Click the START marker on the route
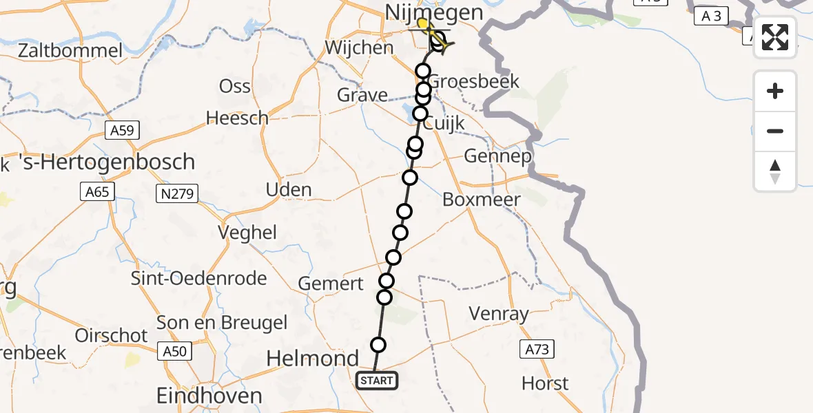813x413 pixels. (377, 381)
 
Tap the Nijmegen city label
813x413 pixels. (424, 12)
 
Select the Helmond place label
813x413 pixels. (313, 359)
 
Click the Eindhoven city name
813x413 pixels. (209, 396)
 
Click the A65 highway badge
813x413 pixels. (97, 191)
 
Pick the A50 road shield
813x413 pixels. (175, 352)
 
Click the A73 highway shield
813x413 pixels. (537, 350)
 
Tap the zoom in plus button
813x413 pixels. (775, 91)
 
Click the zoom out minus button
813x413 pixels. (775, 131)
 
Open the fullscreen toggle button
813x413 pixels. (775, 37)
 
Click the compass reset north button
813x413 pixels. (775, 171)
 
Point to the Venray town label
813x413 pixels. (499, 314)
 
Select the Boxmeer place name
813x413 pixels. (482, 200)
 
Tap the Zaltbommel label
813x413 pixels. (71, 50)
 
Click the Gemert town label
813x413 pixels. (331, 284)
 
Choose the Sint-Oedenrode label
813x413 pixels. (199, 279)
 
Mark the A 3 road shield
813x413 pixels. (711, 16)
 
